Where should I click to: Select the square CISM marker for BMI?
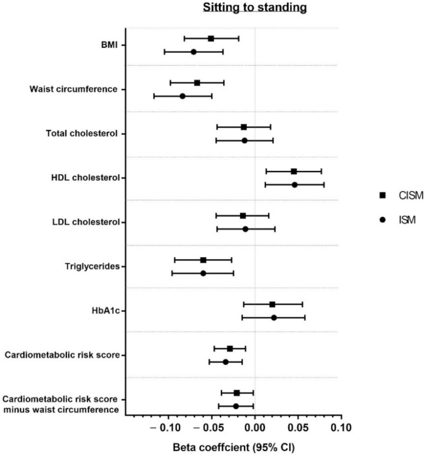coord(211,38)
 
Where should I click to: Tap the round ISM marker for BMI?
coord(193,52)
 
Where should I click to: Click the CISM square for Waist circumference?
coord(197,83)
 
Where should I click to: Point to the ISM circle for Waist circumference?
coord(183,96)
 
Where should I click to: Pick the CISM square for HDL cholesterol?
coord(294,171)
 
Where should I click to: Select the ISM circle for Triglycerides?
coord(203,273)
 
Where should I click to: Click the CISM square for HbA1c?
coord(272,304)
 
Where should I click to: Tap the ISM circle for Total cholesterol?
coord(245,141)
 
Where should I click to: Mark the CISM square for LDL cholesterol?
coord(243,216)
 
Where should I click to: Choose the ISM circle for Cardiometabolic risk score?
coord(226,362)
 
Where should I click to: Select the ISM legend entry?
coord(398,220)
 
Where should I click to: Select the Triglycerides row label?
coord(92,267)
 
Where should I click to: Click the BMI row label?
coord(109,45)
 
